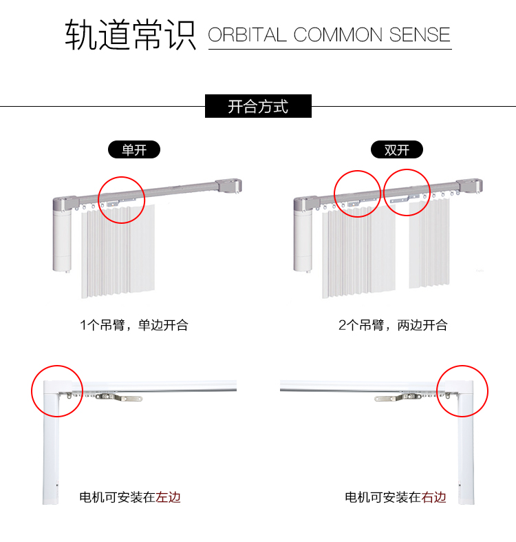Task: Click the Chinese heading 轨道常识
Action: click(x=131, y=34)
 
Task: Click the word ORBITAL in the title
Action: click(x=247, y=35)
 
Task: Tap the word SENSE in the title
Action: click(x=420, y=35)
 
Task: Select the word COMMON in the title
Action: click(x=338, y=35)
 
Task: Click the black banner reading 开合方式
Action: click(x=259, y=106)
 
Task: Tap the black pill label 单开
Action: click(x=134, y=149)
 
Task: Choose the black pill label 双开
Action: click(x=397, y=149)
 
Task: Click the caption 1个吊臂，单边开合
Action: click(x=134, y=325)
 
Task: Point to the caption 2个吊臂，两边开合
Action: click(x=393, y=325)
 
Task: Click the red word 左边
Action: click(x=168, y=497)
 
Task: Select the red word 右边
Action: click(x=433, y=497)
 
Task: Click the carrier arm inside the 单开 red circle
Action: click(x=121, y=202)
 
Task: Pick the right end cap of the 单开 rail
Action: click(x=228, y=186)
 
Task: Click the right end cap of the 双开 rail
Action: click(x=469, y=186)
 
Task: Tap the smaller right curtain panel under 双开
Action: click(x=429, y=244)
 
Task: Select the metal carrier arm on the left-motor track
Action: click(x=119, y=397)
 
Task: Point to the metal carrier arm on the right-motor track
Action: click(x=398, y=397)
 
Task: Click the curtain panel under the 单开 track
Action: click(x=118, y=251)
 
